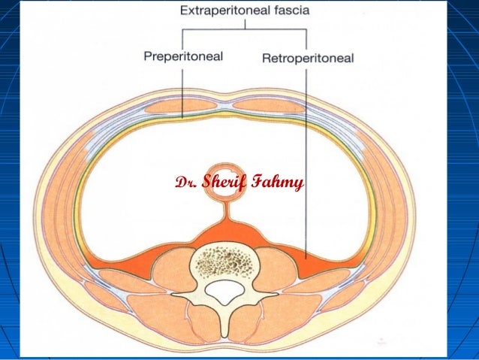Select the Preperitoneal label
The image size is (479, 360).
click(x=183, y=56)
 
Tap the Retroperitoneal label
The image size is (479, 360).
click(x=308, y=58)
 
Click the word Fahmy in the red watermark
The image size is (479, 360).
click(x=277, y=183)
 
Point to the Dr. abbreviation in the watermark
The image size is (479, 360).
click(x=186, y=183)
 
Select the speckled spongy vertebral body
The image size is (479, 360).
click(x=224, y=261)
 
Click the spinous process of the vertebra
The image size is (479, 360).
click(x=224, y=321)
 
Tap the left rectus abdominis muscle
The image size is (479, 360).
click(x=181, y=107)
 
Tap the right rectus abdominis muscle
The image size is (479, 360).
click(x=269, y=106)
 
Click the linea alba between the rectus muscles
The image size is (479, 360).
click(x=225, y=106)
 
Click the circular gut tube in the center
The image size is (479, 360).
click(x=224, y=181)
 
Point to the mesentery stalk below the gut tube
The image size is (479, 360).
click(x=227, y=211)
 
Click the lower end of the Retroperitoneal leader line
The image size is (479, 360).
click(x=306, y=259)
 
